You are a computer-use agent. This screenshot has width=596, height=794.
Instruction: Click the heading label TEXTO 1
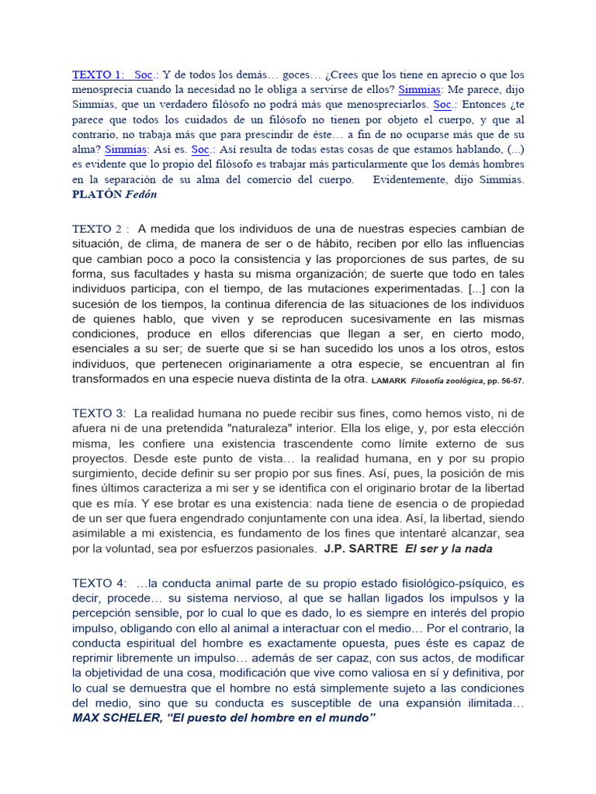[x=98, y=75]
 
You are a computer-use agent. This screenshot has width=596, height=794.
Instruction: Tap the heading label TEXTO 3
[x=99, y=413]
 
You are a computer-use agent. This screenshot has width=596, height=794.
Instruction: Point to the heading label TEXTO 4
[x=99, y=583]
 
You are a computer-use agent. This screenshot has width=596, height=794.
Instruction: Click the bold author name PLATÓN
[x=97, y=194]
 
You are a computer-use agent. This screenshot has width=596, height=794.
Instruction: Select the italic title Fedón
[x=141, y=194]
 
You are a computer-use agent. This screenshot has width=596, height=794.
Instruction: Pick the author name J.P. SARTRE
[x=360, y=548]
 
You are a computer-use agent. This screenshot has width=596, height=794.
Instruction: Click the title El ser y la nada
[x=449, y=548]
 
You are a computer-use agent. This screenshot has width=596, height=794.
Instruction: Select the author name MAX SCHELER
[x=115, y=718]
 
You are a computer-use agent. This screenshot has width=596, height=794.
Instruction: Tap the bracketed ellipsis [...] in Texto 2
[x=476, y=288]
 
